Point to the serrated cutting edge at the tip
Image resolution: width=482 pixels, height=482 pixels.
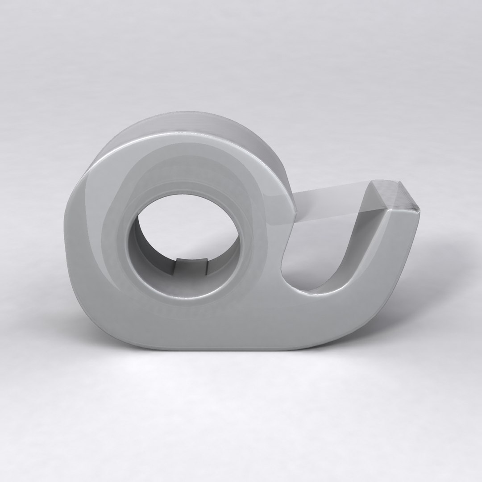419,212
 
